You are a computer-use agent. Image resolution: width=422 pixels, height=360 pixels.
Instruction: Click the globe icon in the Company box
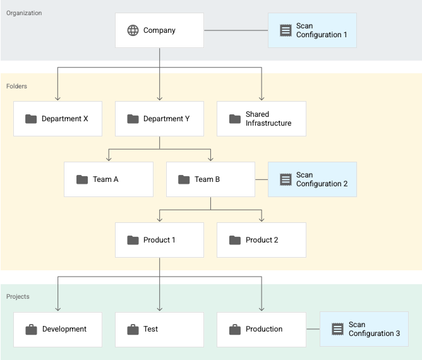[133, 30]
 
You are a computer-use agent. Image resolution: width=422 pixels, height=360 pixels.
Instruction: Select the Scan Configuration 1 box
[312, 30]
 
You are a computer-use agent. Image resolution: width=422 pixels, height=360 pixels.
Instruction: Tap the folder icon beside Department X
[31, 119]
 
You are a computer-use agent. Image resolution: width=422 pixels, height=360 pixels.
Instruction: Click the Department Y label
[166, 119]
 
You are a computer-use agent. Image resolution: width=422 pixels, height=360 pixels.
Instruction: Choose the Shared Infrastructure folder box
[261, 119]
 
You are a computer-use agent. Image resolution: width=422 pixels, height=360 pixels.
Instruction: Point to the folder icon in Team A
[82, 179]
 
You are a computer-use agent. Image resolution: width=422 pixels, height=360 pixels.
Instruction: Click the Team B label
[207, 179]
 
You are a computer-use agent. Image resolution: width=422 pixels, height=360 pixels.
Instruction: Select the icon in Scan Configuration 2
[286, 179]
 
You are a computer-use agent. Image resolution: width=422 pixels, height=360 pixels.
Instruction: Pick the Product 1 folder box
[159, 240]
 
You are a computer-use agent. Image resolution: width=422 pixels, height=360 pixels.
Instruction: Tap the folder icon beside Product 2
[235, 240]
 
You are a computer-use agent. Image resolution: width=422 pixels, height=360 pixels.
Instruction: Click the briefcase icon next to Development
[31, 329]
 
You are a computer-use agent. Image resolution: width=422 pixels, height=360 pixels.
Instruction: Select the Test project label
[150, 329]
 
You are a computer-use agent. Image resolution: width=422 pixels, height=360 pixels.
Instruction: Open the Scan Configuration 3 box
[364, 329]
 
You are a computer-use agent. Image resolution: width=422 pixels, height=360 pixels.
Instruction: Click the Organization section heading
[24, 13]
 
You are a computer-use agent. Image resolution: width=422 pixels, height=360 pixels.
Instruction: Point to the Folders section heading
[17, 86]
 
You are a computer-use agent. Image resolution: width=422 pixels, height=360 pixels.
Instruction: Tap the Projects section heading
[18, 296]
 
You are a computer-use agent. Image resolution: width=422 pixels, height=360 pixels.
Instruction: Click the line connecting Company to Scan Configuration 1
[236, 30]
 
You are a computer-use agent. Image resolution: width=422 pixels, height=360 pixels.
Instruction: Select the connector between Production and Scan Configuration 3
[313, 329]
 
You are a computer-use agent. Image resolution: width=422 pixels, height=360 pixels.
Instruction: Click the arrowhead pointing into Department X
[58, 97]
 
